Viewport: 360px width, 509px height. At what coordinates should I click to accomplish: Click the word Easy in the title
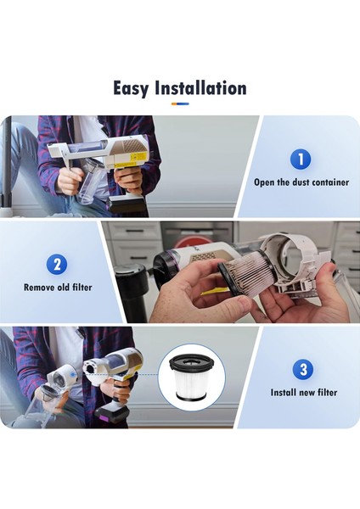tap(134, 88)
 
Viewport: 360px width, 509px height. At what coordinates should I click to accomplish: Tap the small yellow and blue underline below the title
tap(180, 104)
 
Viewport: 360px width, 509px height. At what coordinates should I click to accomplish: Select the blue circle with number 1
tap(301, 159)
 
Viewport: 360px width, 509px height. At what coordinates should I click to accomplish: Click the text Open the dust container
tap(301, 182)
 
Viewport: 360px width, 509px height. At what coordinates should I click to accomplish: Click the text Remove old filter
tap(59, 288)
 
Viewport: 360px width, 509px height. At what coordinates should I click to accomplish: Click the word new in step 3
tap(310, 393)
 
